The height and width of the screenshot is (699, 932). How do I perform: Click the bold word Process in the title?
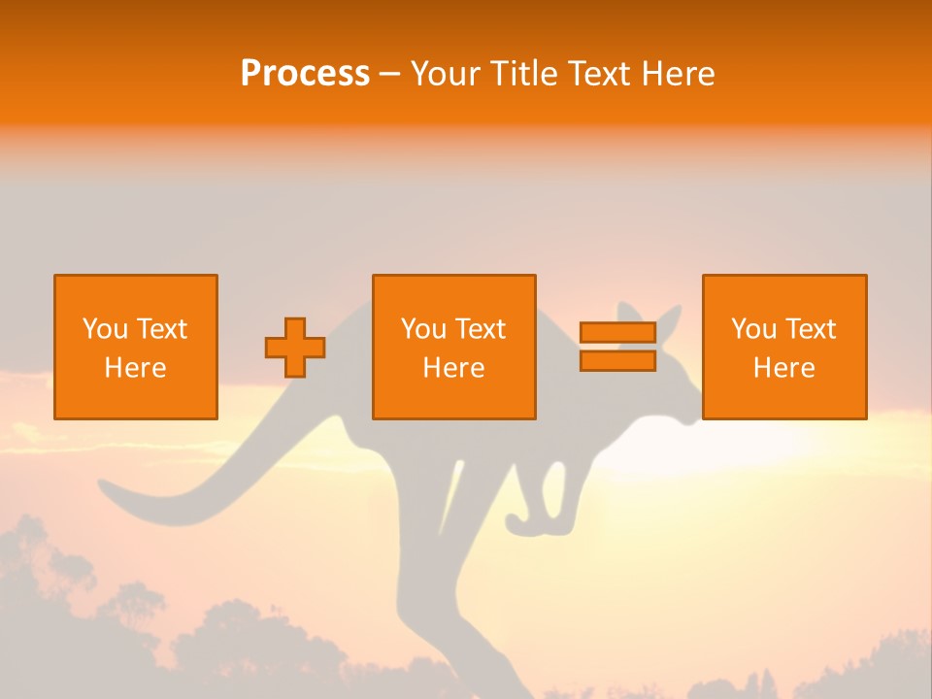tap(305, 74)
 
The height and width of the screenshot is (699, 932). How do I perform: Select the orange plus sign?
tap(295, 348)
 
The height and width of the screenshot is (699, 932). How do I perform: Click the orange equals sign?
tap(617, 347)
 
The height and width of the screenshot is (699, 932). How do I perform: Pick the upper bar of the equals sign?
tap(617, 333)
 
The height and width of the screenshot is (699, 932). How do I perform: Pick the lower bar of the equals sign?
tap(617, 361)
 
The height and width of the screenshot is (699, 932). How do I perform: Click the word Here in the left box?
tap(136, 368)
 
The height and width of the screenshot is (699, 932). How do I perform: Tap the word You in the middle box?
tap(423, 329)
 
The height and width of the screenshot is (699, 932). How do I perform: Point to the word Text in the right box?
tap(811, 329)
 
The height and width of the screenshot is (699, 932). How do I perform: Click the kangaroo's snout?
tap(691, 414)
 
